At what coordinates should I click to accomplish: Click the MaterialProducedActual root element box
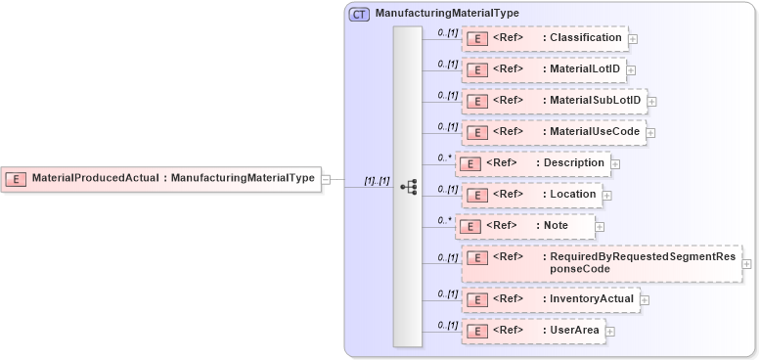pyautogui.click(x=161, y=178)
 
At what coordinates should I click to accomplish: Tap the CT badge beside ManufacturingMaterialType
pyautogui.click(x=359, y=14)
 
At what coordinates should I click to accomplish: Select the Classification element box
pyautogui.click(x=544, y=38)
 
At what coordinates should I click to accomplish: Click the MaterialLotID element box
pyautogui.click(x=543, y=69)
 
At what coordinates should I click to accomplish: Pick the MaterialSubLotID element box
pyautogui.click(x=554, y=100)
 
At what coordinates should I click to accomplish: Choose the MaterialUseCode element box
pyautogui.click(x=554, y=131)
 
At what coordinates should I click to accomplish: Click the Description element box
pyautogui.click(x=533, y=162)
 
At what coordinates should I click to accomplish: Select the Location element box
pyautogui.click(x=531, y=194)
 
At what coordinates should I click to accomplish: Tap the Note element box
pyautogui.click(x=525, y=225)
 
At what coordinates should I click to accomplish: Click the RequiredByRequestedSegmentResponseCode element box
pyautogui.click(x=601, y=262)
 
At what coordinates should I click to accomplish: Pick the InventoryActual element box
pyautogui.click(x=550, y=298)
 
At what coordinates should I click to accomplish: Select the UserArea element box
pyautogui.click(x=533, y=331)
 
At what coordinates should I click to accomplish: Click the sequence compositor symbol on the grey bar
pyautogui.click(x=409, y=186)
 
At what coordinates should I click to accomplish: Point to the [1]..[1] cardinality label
pyautogui.click(x=377, y=181)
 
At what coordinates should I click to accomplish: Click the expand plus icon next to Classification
pyautogui.click(x=633, y=39)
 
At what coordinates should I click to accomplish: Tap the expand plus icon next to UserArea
pyautogui.click(x=610, y=332)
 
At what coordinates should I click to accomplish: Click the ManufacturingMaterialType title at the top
pyautogui.click(x=447, y=14)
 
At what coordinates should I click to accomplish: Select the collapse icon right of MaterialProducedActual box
pyautogui.click(x=326, y=179)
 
